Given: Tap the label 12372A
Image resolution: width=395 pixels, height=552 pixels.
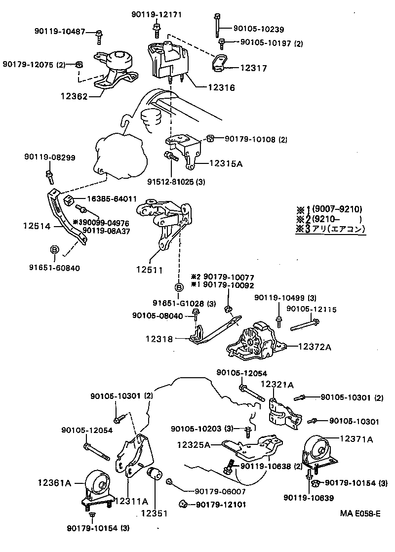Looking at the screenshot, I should [314, 347].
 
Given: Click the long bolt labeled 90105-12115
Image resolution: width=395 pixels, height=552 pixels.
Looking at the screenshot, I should [304, 325].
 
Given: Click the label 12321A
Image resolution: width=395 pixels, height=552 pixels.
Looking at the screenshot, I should [277, 384].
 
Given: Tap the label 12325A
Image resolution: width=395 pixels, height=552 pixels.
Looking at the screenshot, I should [194, 444].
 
